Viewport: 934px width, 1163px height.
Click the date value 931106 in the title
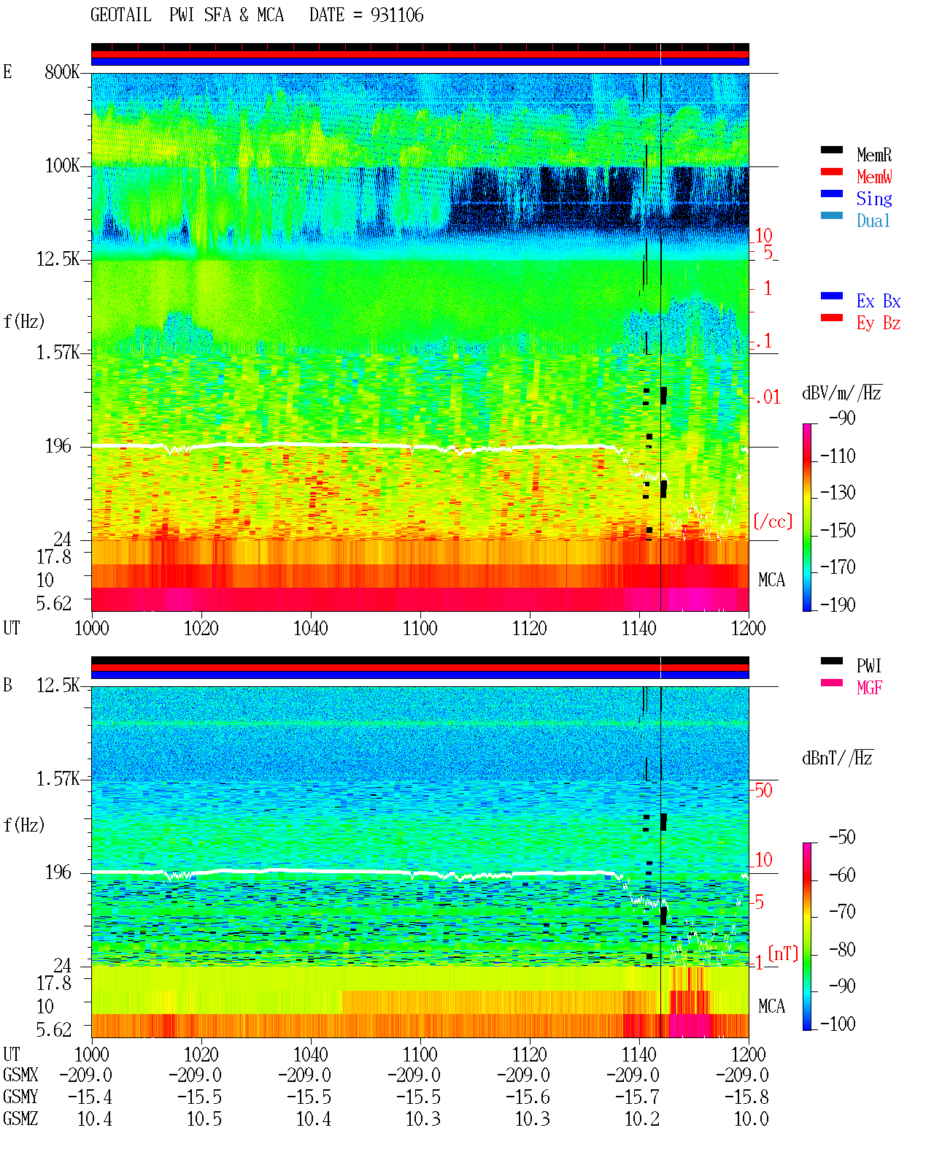click(x=396, y=15)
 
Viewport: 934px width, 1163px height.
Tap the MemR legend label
click(x=874, y=155)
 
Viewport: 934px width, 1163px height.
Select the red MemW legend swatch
click(x=831, y=172)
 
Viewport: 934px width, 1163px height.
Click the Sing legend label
click(x=874, y=199)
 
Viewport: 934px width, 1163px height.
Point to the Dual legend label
click(x=873, y=220)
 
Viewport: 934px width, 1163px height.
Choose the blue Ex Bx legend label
click(x=879, y=301)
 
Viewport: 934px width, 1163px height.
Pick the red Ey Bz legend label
click(x=879, y=323)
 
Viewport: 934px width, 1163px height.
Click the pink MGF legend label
click(x=869, y=688)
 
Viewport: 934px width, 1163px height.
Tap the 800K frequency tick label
click(x=62, y=72)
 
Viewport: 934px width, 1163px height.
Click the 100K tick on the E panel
click(x=62, y=166)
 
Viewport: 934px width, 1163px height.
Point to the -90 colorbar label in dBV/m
click(x=842, y=418)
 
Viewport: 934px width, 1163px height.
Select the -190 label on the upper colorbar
click(x=838, y=604)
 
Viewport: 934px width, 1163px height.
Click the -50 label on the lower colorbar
click(x=842, y=837)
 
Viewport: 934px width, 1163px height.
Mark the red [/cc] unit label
click(x=773, y=521)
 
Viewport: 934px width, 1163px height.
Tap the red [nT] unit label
click(x=783, y=953)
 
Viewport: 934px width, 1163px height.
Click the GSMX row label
click(x=20, y=1075)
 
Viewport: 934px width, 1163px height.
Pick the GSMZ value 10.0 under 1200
click(x=751, y=1118)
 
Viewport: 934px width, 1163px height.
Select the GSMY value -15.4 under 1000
click(x=90, y=1097)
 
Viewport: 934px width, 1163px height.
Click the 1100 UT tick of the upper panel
click(x=420, y=629)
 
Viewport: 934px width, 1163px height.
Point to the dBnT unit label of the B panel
click(x=837, y=759)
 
